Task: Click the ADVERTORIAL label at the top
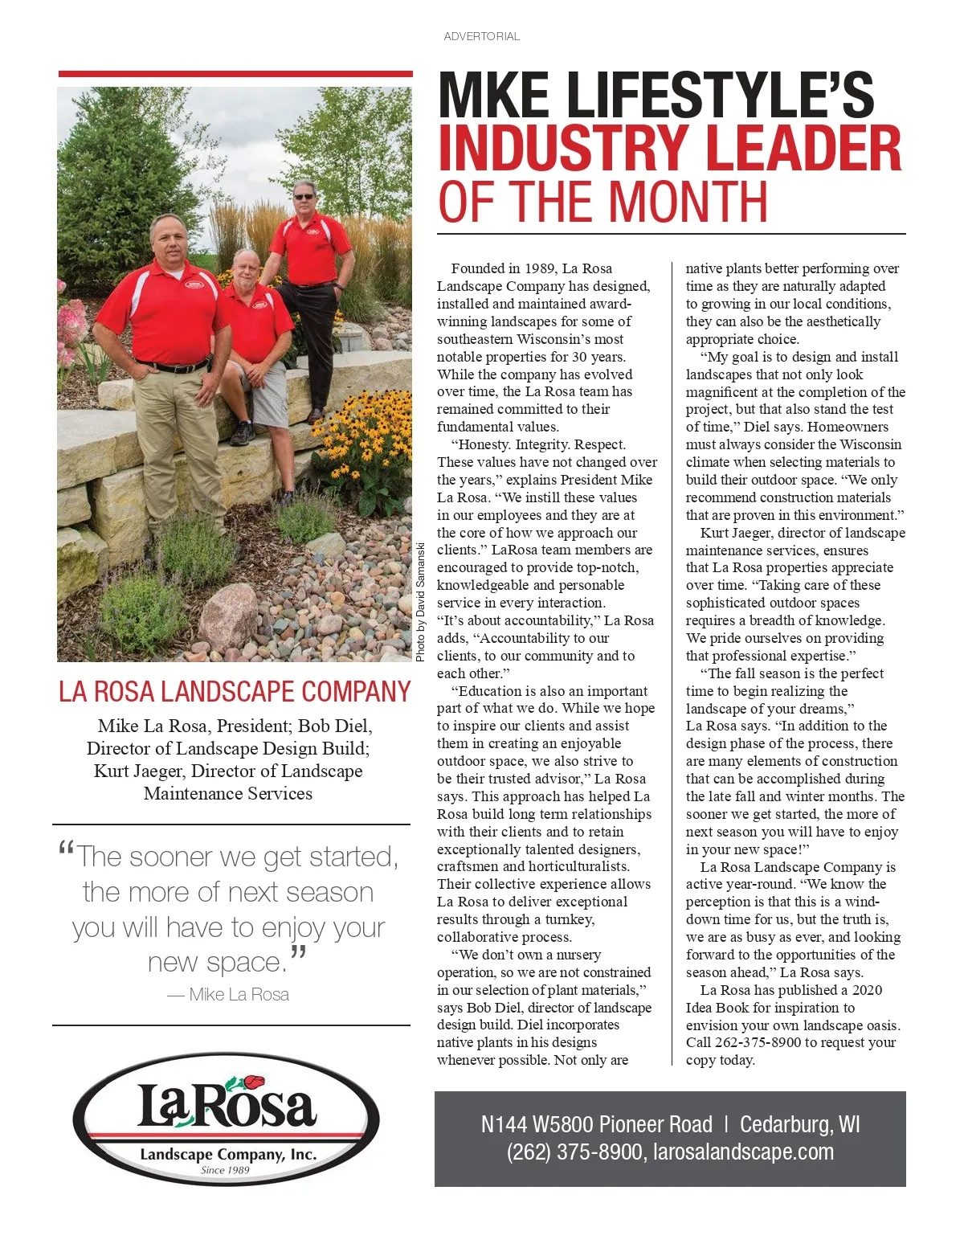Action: coord(481,36)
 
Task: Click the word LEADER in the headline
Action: coord(795,148)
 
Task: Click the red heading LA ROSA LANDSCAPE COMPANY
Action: coord(235,692)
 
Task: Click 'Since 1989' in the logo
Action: coord(225,1170)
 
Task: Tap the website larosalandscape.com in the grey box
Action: coord(743,1152)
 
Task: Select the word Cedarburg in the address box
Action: coord(785,1123)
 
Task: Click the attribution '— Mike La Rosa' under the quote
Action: coord(228,995)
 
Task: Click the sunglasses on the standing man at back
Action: coord(304,196)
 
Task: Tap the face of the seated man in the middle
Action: coord(246,269)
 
